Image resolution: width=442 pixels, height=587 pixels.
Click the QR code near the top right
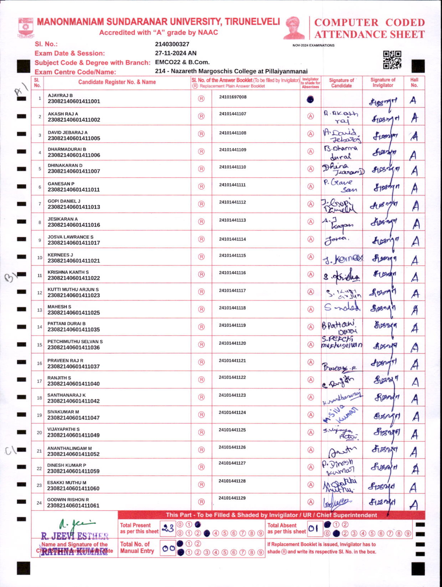click(x=392, y=60)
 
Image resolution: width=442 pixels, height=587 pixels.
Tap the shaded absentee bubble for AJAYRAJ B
click(x=310, y=99)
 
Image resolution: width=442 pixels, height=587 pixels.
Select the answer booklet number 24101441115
click(x=232, y=256)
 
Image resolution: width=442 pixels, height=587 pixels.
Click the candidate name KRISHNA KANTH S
click(x=68, y=272)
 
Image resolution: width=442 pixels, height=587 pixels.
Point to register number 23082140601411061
click(x=73, y=505)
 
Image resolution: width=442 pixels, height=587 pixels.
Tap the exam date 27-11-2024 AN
click(x=176, y=53)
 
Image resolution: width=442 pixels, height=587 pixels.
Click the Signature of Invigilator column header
click(x=383, y=83)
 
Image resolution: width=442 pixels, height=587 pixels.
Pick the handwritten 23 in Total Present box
click(x=167, y=528)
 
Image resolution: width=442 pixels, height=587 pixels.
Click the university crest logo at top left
click(x=26, y=27)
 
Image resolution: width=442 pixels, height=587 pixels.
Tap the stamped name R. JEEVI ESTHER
click(x=75, y=536)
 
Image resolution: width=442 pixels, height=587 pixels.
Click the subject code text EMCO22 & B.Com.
click(x=182, y=62)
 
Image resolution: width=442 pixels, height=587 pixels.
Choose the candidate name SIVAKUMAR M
click(x=63, y=412)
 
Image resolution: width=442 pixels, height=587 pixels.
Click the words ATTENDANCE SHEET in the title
click(x=370, y=34)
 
